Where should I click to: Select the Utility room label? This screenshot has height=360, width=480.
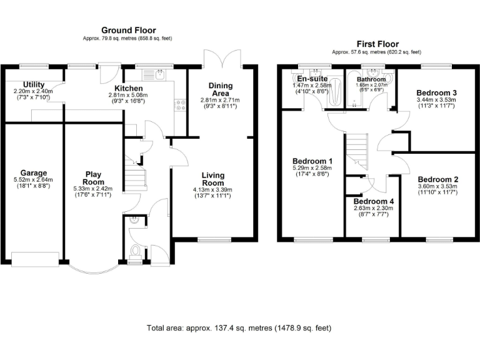(x=33, y=84)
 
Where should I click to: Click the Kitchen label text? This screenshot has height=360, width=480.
(x=128, y=89)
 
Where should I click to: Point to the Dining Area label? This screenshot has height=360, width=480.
(x=221, y=89)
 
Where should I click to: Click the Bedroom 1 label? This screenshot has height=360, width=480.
(x=312, y=161)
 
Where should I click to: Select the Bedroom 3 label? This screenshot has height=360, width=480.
(x=437, y=92)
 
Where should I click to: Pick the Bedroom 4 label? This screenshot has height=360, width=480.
(x=374, y=202)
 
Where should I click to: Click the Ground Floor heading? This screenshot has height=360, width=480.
(x=129, y=30)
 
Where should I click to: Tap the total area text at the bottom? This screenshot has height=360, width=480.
(x=239, y=327)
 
